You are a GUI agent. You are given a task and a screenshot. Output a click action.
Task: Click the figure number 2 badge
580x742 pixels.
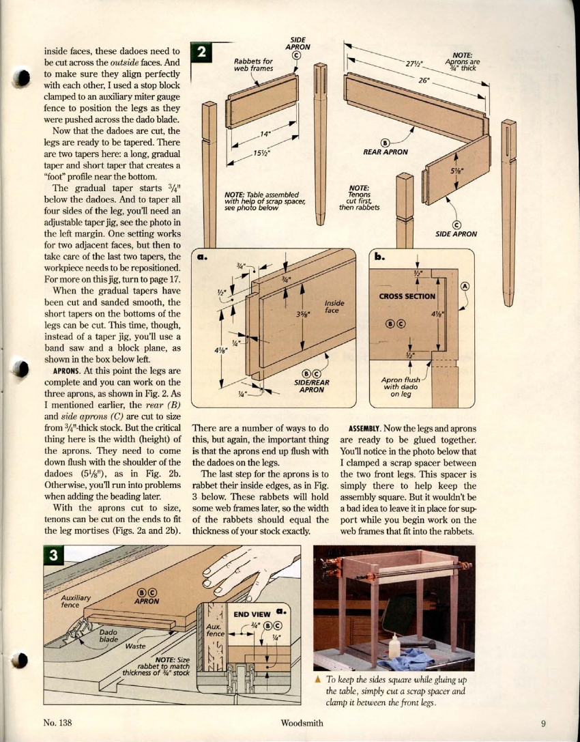[x=203, y=52]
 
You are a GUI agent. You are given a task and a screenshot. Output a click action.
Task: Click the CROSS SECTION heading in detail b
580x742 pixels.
[x=407, y=296]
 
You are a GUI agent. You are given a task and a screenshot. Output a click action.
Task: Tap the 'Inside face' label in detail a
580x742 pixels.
[x=334, y=306]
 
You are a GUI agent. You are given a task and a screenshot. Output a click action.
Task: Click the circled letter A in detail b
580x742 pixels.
[x=465, y=287]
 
